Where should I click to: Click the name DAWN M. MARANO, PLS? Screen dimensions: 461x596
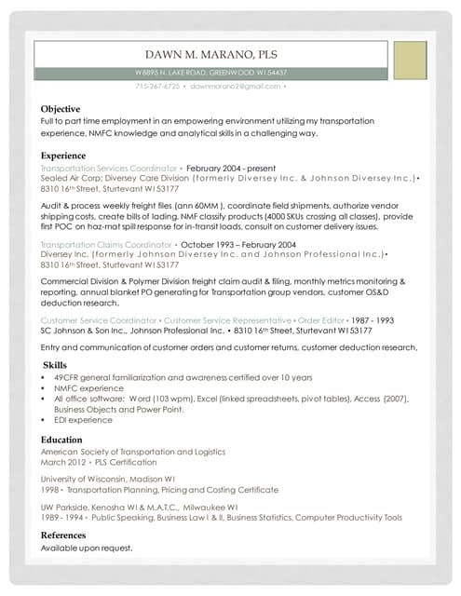coord(210,54)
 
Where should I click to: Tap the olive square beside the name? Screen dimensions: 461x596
coord(410,61)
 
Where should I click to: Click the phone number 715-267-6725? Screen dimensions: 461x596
coord(157,87)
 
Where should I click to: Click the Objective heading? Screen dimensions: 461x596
coord(61,109)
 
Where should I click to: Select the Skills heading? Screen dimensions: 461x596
coord(58,364)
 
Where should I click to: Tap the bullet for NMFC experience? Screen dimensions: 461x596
coord(45,387)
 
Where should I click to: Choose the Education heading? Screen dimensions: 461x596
coord(62,440)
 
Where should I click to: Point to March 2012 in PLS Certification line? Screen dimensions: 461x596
coord(64,462)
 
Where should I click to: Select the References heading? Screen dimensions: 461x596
coord(63,535)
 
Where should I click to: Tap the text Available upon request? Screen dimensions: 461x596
coord(87,548)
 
